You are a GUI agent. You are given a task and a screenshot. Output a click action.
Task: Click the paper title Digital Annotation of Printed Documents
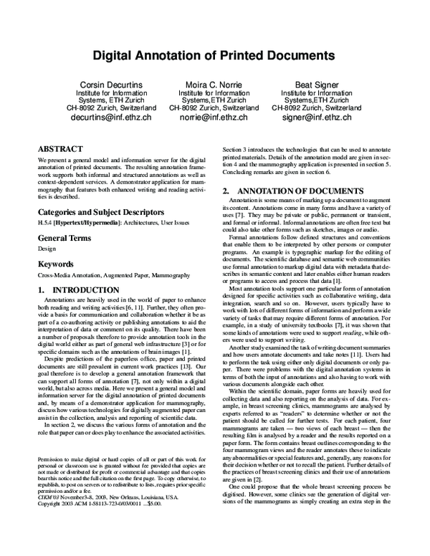pos(214,54)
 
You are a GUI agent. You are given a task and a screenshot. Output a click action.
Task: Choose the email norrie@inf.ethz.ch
pos(214,117)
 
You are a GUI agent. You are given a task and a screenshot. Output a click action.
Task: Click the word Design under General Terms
pos(45,250)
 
